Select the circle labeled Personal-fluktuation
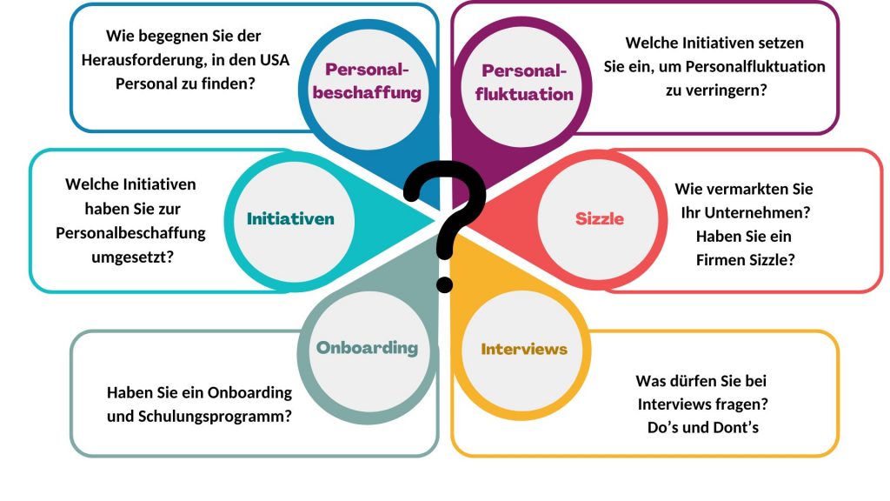[x=524, y=82]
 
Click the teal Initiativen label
[x=290, y=218]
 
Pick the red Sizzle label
[x=600, y=218]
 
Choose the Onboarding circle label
[x=367, y=348]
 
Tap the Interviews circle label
[x=524, y=349]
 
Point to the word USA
[x=269, y=60]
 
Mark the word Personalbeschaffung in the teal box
[x=130, y=232]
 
